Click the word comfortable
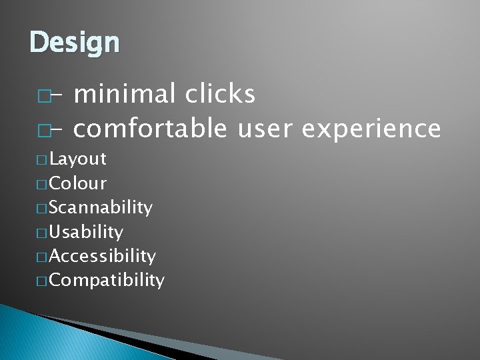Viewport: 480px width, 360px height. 150,128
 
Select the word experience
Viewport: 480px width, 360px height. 371,128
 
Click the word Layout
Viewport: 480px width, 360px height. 77,159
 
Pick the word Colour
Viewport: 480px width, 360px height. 77,183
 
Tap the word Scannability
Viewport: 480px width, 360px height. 100,208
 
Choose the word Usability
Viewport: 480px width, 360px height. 85,232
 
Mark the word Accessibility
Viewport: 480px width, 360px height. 102,256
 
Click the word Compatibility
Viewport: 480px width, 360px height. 106,280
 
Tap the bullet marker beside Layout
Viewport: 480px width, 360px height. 43,160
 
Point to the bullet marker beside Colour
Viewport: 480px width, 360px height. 43,184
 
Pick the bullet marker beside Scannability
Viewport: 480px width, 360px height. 43,209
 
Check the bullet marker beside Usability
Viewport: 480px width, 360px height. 43,233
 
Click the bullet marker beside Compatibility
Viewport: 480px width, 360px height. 43,281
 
